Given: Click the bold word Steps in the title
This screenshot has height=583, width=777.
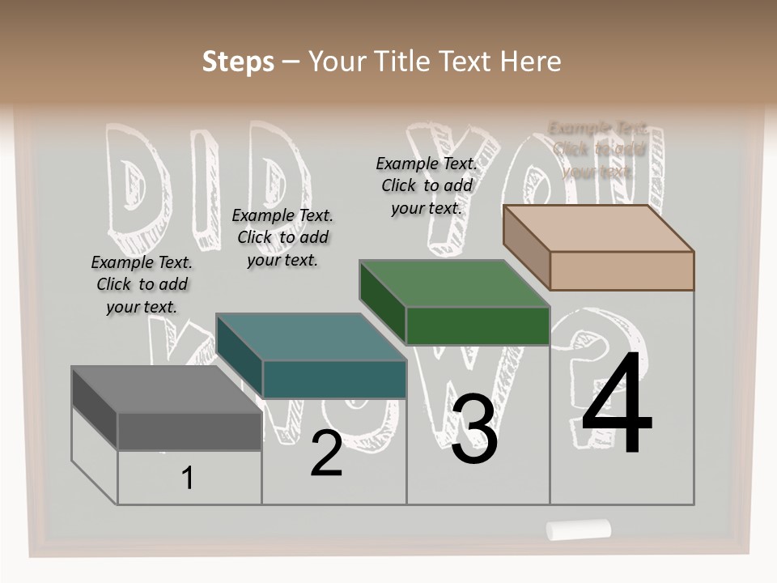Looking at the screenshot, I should [238, 62].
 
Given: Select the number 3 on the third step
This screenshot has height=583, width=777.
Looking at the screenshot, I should [474, 429].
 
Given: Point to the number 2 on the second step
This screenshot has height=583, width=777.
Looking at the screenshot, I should [326, 453].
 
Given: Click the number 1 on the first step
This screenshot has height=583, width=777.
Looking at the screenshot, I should [188, 479].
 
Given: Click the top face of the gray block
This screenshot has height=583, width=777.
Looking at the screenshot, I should [166, 389].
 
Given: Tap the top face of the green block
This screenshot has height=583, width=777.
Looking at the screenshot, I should [454, 284].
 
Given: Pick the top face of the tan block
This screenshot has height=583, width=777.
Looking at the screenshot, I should [598, 228].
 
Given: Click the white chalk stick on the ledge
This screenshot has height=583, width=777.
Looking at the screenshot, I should [578, 530].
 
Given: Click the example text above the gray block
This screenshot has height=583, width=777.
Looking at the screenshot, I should [142, 284].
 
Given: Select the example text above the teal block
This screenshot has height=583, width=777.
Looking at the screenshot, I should [282, 237].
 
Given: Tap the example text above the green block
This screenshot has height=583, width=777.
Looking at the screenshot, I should [427, 185].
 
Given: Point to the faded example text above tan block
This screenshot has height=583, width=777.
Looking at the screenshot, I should [598, 150].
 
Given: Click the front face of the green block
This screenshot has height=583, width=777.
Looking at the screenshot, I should [478, 326].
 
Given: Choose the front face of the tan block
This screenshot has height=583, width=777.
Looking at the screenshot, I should [622, 270].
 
